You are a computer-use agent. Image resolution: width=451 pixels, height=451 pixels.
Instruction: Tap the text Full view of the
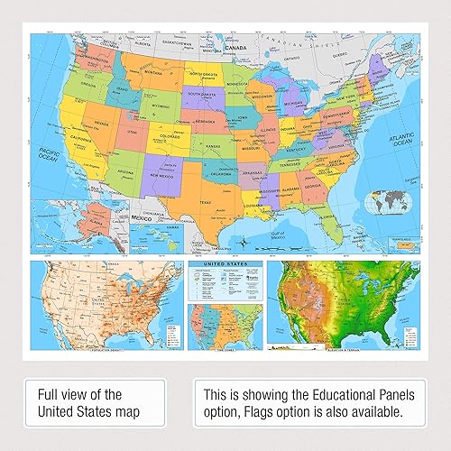79,394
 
